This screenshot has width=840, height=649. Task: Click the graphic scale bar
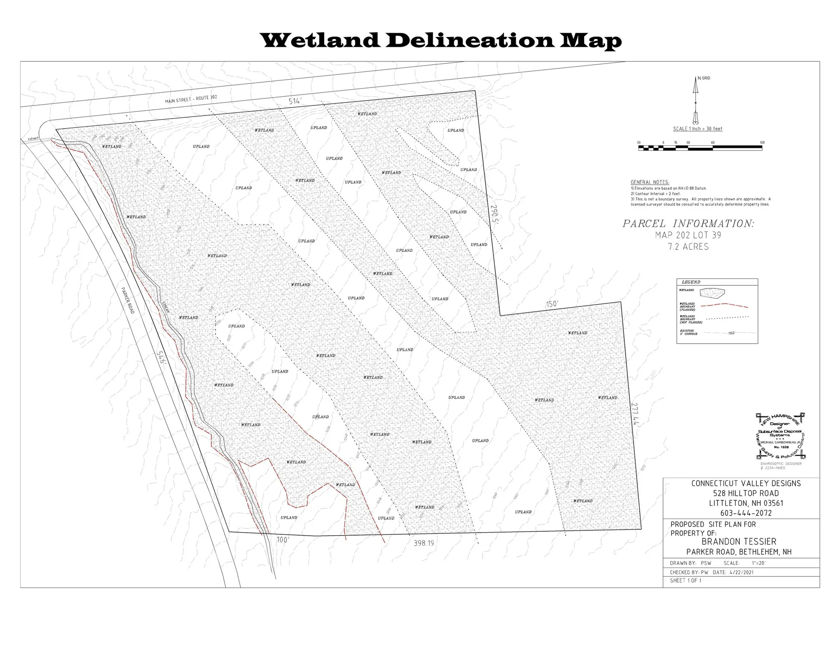[700, 148]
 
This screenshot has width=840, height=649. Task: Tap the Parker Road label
[127, 300]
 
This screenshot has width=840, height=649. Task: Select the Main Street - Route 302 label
[191, 99]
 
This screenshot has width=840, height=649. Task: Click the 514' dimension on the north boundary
[295, 102]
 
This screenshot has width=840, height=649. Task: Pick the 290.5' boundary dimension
[494, 214]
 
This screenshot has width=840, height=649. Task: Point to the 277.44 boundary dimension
[635, 414]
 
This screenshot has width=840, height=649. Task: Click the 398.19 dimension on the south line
[423, 543]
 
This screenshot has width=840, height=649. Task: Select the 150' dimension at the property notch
[552, 304]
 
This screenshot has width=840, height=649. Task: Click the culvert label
[33, 138]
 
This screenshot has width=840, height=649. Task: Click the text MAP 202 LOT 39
[688, 235]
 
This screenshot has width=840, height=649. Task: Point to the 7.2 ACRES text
[688, 247]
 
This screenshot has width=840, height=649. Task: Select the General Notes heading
[650, 182]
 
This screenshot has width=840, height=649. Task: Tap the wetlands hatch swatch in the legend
[712, 292]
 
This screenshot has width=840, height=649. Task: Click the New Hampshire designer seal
[780, 436]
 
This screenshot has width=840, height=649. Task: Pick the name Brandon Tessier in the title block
[739, 542]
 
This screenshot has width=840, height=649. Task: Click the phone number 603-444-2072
[746, 513]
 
